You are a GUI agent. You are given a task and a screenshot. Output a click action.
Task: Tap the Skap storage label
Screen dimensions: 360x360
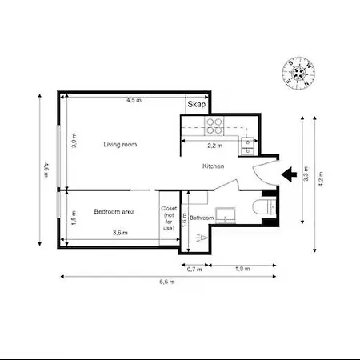(x=196, y=105)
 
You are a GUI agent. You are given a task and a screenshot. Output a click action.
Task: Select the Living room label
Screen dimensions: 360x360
(x=120, y=145)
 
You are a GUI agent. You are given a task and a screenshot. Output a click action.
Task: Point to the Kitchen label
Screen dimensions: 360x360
(x=213, y=166)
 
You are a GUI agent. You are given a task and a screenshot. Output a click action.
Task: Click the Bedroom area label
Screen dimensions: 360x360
(x=114, y=211)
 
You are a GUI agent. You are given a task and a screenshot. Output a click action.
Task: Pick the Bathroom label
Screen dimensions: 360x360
(x=202, y=218)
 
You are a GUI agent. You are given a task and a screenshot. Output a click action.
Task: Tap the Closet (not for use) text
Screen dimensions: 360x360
(x=168, y=218)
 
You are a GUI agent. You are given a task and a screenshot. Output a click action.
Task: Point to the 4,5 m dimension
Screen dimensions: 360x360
(x=134, y=101)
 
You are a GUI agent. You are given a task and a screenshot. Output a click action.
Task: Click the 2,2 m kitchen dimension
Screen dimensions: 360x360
(x=215, y=146)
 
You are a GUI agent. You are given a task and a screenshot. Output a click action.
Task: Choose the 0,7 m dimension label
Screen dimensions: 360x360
(x=194, y=270)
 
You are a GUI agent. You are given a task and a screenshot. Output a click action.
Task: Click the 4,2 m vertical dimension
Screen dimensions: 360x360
(x=321, y=180)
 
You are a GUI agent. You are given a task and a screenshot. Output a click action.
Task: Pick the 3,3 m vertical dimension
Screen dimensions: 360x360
(x=306, y=174)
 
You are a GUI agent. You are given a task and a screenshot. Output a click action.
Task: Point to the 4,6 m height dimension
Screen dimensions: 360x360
(x=46, y=171)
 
